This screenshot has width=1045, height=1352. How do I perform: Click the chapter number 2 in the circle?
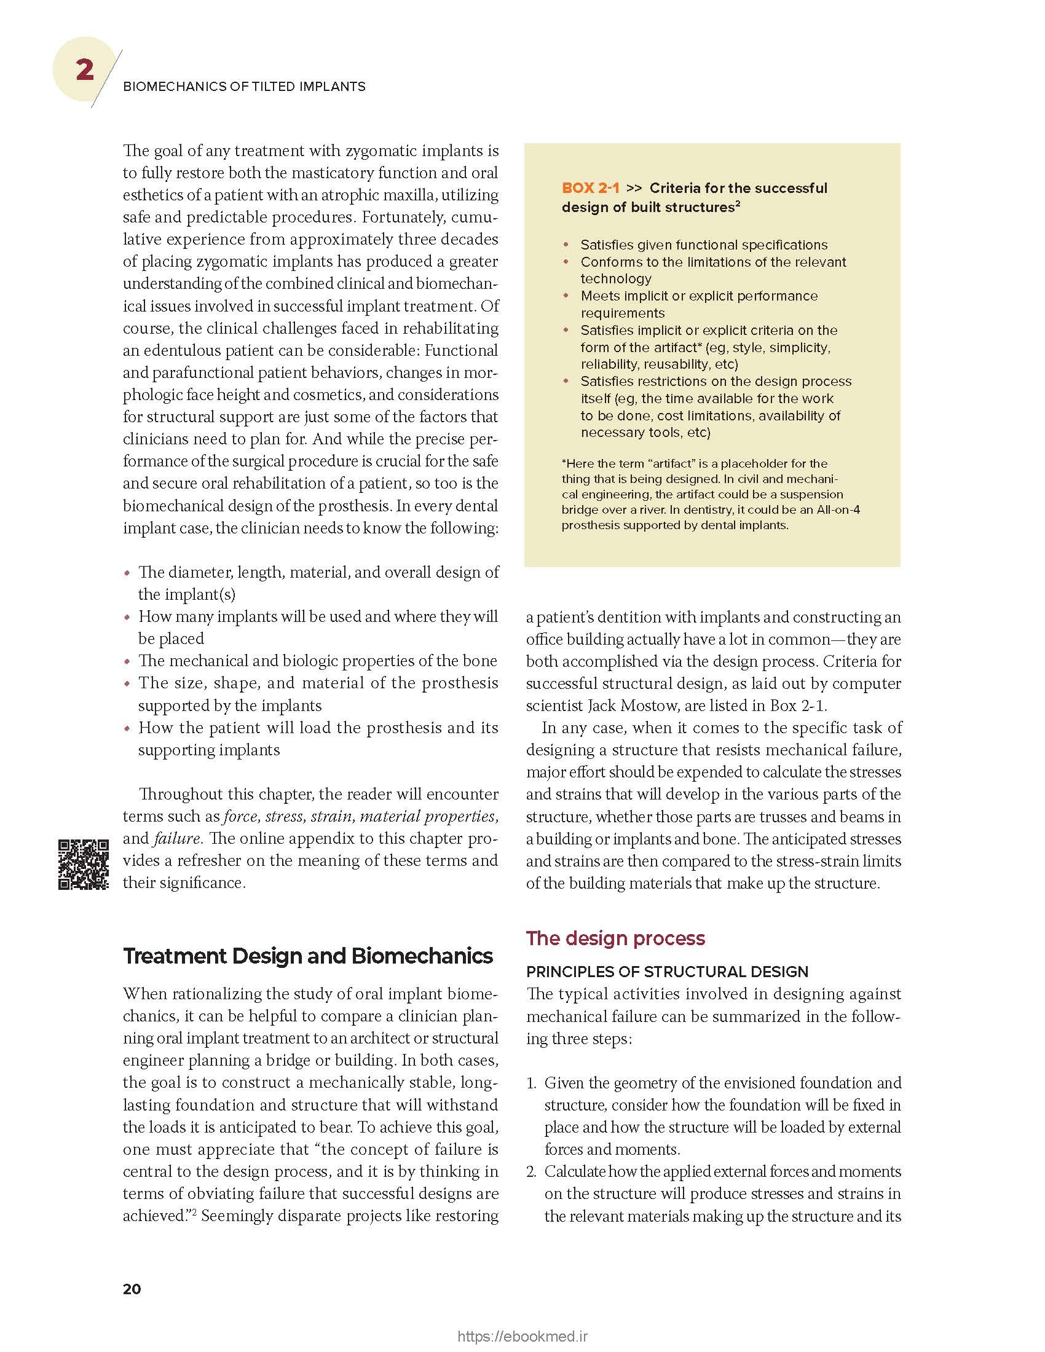[85, 69]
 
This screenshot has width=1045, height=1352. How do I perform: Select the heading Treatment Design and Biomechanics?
[308, 956]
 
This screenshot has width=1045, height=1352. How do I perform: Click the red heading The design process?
[615, 938]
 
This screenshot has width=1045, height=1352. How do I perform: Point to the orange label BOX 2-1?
[590, 188]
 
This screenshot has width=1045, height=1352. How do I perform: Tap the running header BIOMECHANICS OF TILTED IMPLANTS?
[244, 87]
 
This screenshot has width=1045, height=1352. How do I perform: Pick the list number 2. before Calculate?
[532, 1171]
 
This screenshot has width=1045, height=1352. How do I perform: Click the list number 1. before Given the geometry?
[532, 1083]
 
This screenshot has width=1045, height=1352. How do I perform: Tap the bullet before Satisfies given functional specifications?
[566, 245]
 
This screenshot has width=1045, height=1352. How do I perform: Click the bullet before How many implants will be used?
[127, 617]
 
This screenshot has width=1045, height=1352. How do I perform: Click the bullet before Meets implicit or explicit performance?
[566, 296]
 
